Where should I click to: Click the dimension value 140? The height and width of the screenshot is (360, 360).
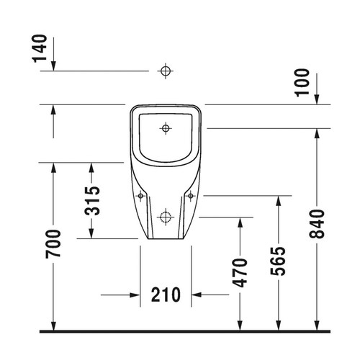point(40,48)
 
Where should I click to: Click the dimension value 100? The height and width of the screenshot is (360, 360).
point(302,83)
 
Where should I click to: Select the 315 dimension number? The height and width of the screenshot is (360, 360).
point(92,201)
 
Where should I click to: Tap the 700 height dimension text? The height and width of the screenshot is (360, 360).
point(53,244)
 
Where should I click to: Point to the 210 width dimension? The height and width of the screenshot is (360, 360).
point(166,294)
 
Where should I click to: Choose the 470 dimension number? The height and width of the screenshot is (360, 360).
point(240,273)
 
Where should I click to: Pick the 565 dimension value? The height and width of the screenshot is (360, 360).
point(278,261)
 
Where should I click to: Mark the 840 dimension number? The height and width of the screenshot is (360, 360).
point(317,224)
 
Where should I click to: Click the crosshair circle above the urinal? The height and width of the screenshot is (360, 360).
point(166,71)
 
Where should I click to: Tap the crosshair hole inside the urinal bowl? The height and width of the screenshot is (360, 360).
point(166,128)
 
